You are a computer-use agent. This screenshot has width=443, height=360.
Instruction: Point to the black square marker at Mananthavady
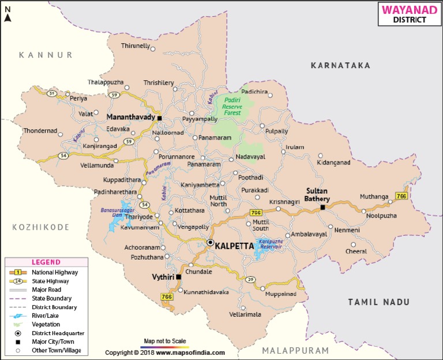tap(160, 118)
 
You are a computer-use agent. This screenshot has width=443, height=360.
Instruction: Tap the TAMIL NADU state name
tap(379, 302)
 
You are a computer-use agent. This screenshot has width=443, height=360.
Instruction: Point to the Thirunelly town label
tap(134, 46)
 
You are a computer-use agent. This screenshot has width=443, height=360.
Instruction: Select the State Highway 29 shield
tap(250, 280)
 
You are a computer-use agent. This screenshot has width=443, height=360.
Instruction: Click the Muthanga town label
tap(374, 197)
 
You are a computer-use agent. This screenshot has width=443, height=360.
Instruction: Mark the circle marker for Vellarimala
tap(243, 307)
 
